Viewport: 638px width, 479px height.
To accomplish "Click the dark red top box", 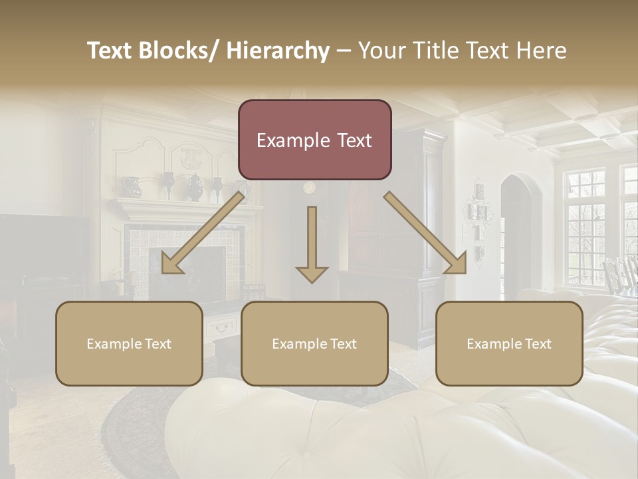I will pyautogui.click(x=314, y=140).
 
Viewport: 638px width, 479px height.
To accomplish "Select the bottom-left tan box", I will pyautogui.click(x=129, y=343).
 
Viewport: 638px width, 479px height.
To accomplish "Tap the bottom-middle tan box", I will pyautogui.click(x=314, y=343).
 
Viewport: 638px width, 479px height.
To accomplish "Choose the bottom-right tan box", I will pyautogui.click(x=509, y=343).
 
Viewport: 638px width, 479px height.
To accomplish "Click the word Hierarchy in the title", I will pyautogui.click(x=277, y=51).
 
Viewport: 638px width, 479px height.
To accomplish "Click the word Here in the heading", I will pyautogui.click(x=542, y=51).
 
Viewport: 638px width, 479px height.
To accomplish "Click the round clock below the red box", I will pyautogui.click(x=310, y=188).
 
